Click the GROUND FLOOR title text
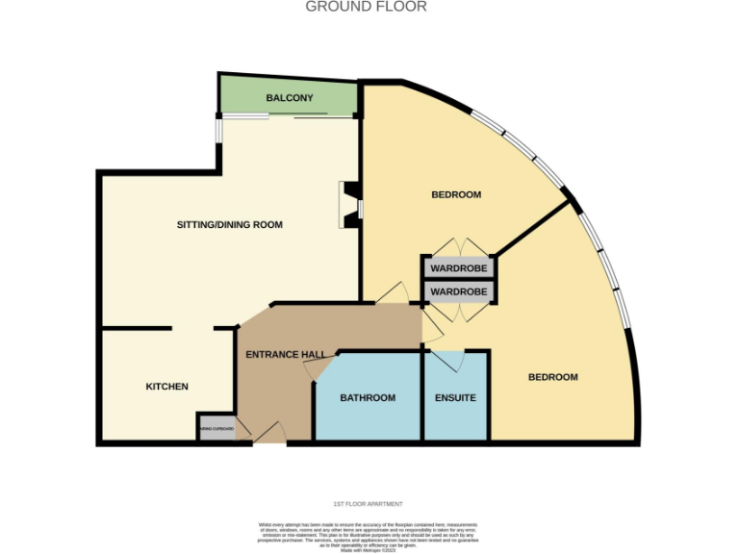pyautogui.click(x=366, y=7)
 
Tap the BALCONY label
pyautogui.click(x=290, y=98)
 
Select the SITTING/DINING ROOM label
pyautogui.click(x=229, y=225)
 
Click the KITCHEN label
pyautogui.click(x=166, y=387)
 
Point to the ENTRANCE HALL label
pyautogui.click(x=285, y=355)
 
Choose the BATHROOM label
pyautogui.click(x=368, y=398)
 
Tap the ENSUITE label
pyautogui.click(x=455, y=398)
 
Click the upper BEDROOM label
pyautogui.click(x=455, y=194)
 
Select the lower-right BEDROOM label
pyautogui.click(x=553, y=377)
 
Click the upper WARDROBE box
pyautogui.click(x=457, y=266)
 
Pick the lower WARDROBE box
pyautogui.click(x=457, y=290)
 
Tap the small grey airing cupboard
pyautogui.click(x=216, y=429)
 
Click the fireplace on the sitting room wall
pyautogui.click(x=350, y=205)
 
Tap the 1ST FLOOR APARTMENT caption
pyautogui.click(x=368, y=504)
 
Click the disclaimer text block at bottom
pyautogui.click(x=368, y=535)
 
